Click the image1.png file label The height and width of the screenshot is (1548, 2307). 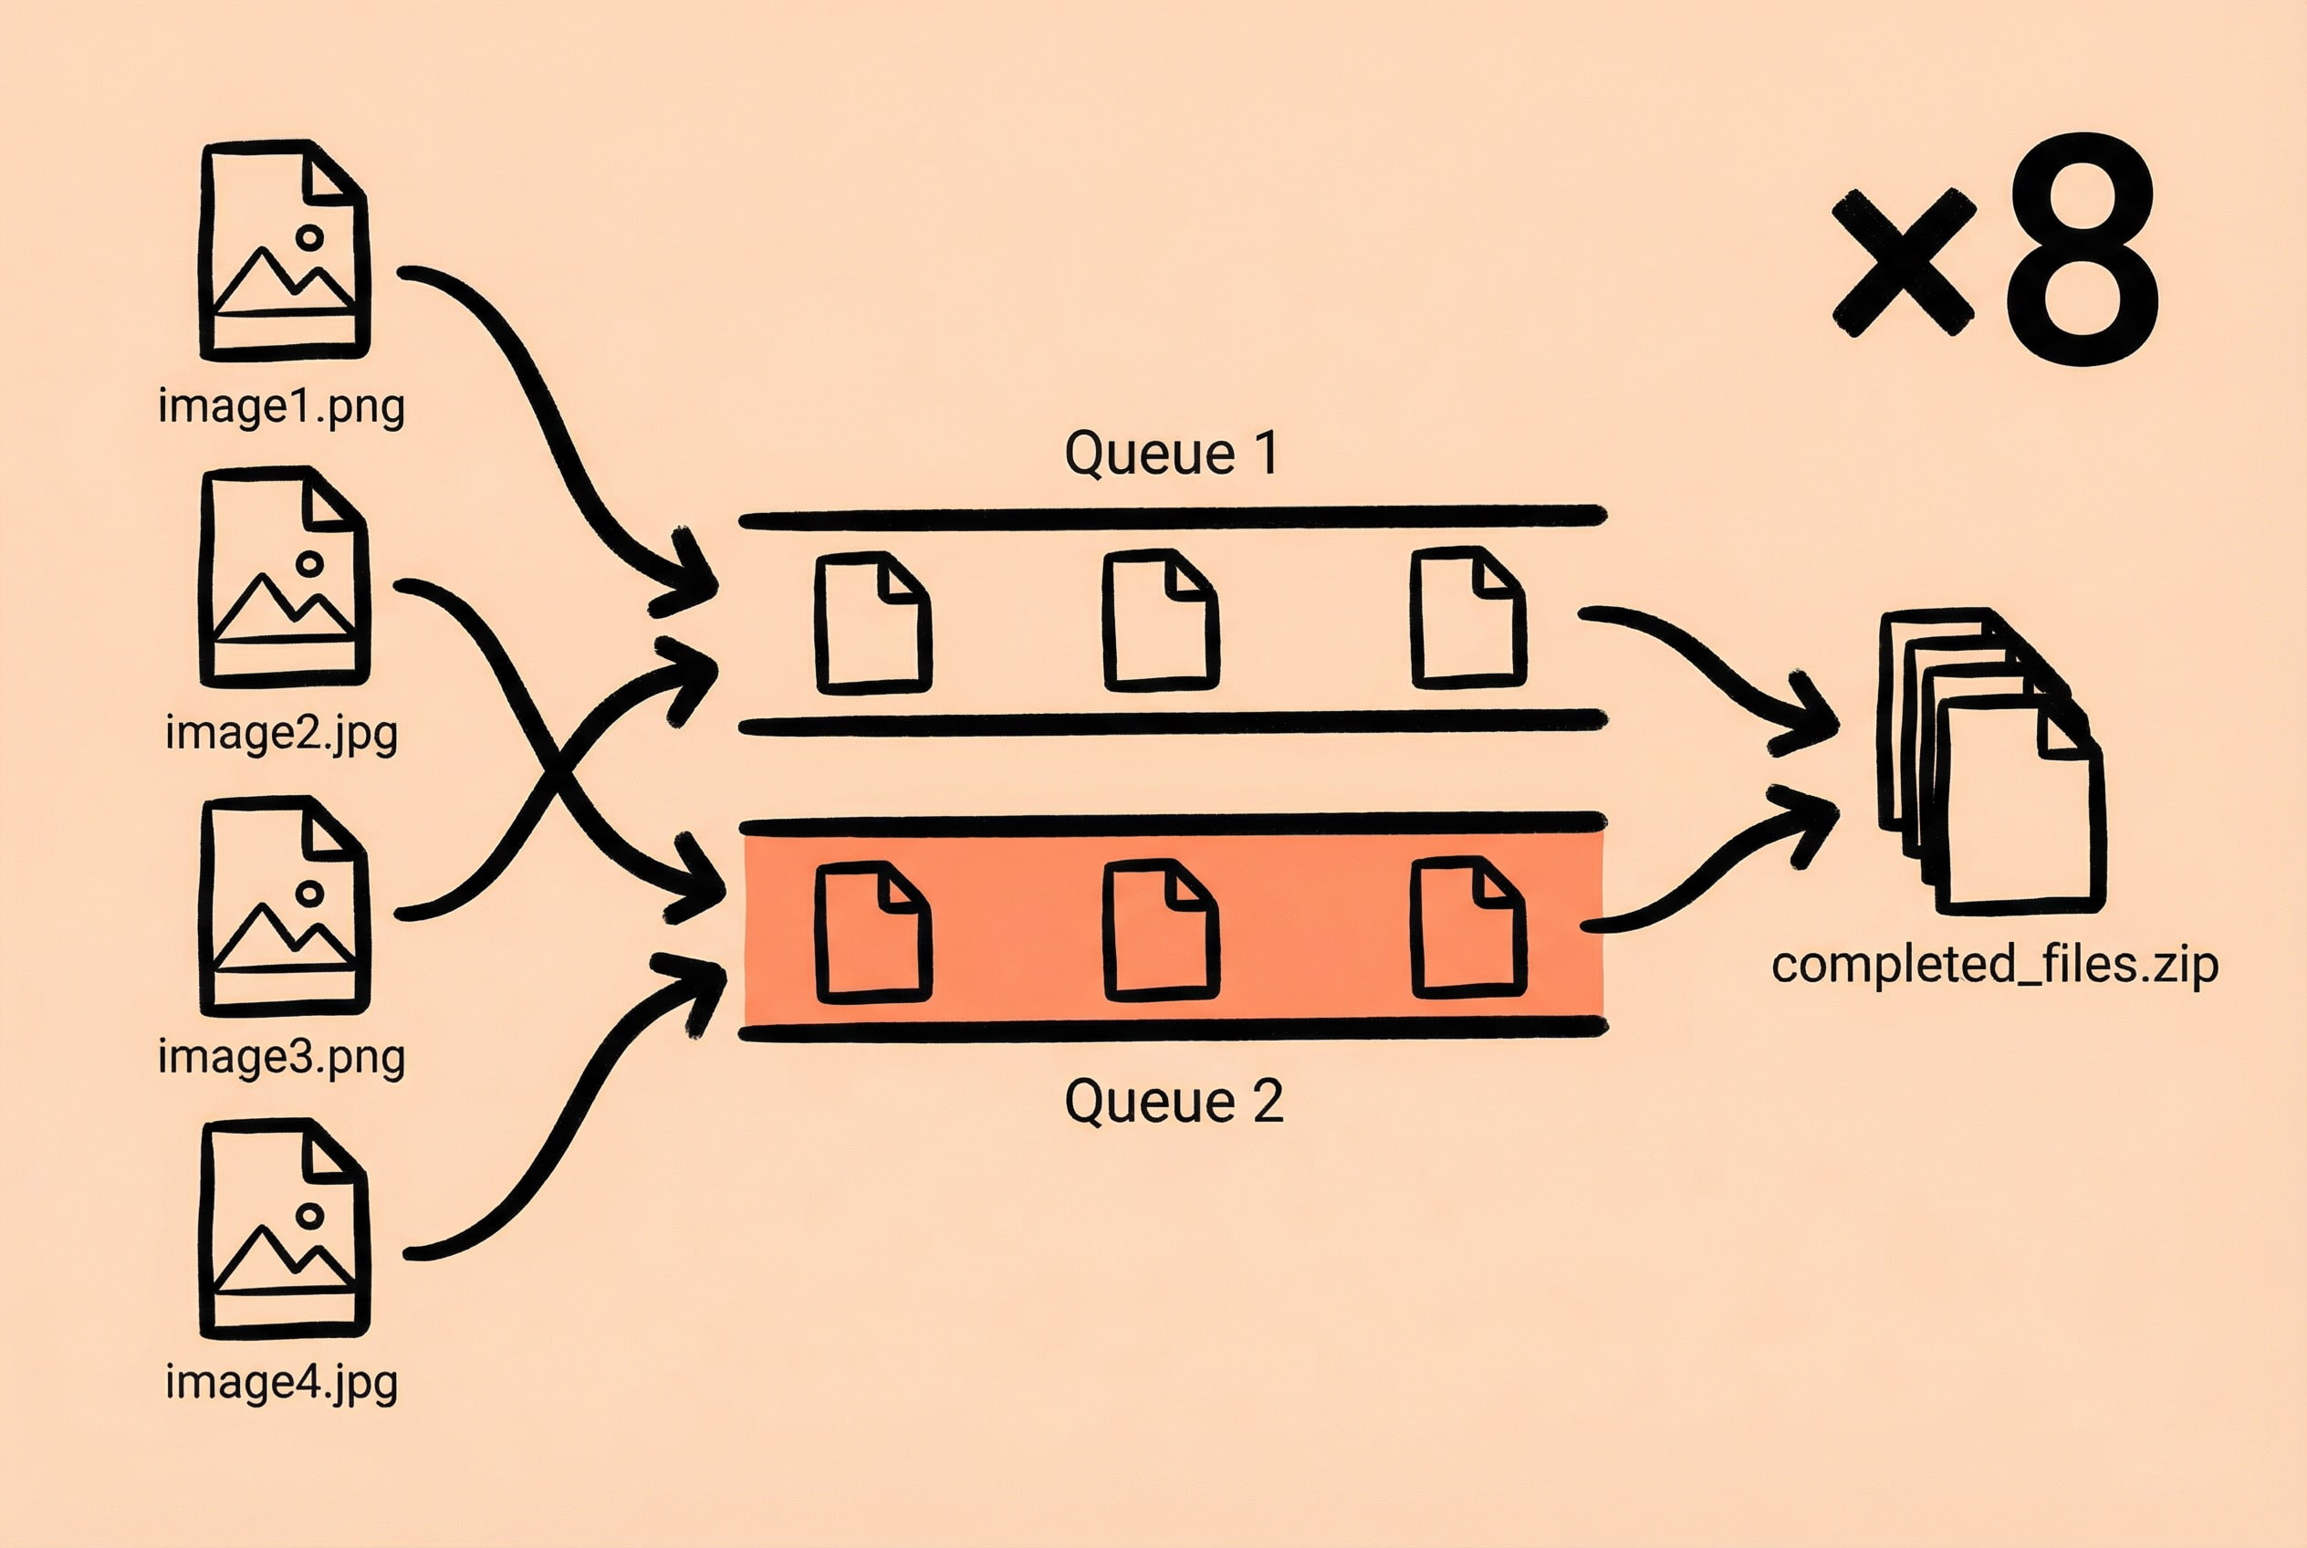point(281,407)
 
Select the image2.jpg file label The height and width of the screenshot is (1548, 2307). point(281,734)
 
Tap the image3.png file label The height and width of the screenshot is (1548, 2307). point(281,1056)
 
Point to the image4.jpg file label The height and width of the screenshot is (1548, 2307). point(281,1381)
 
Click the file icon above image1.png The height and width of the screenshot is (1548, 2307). point(285,249)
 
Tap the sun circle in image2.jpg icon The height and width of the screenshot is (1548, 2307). point(310,564)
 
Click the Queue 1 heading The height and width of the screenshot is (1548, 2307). point(1172,453)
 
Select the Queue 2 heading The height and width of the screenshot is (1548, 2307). point(1173,1101)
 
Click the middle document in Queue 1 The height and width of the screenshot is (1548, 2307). point(1160,620)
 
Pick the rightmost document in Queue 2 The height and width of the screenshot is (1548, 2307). point(1468,927)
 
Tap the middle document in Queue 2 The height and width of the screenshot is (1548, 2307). point(1160,929)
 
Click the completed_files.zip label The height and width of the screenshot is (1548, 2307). point(1994,965)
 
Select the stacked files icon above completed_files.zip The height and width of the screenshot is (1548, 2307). point(1989,761)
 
